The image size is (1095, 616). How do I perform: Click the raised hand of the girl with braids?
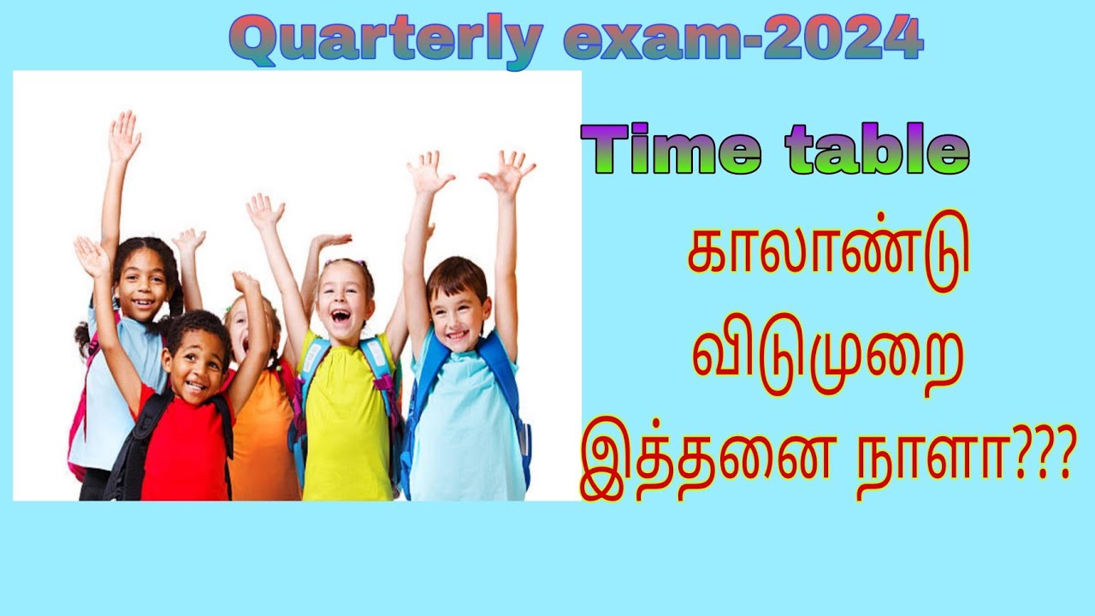point(124,137)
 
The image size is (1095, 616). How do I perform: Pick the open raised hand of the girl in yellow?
point(264,211)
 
